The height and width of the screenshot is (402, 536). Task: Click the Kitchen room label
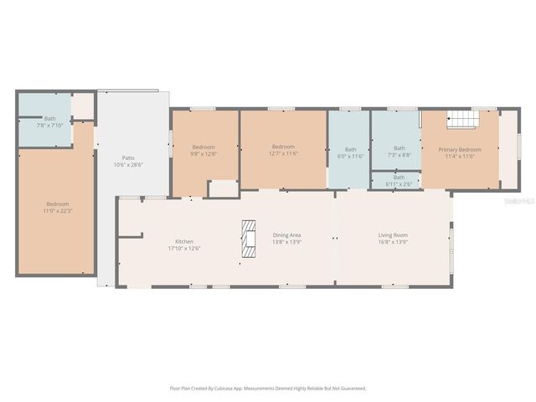coord(184,241)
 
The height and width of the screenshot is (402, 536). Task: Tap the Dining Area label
coord(286,235)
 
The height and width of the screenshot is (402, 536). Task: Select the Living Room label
coord(393,235)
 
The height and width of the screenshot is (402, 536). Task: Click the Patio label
coord(128,157)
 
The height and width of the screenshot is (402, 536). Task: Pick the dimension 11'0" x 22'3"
coord(58,210)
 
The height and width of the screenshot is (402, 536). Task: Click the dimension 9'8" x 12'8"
coord(204,153)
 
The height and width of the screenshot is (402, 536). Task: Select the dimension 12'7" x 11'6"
coord(283,153)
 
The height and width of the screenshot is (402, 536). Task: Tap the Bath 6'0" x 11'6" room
coord(350,152)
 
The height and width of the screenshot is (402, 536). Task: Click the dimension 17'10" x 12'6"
coord(184,248)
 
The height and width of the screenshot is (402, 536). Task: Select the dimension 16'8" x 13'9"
coord(393,242)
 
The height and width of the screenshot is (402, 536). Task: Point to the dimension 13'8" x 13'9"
coord(286,242)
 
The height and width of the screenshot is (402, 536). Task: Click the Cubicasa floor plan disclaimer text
coord(268,388)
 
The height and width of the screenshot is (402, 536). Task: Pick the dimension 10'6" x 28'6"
coord(128,164)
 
